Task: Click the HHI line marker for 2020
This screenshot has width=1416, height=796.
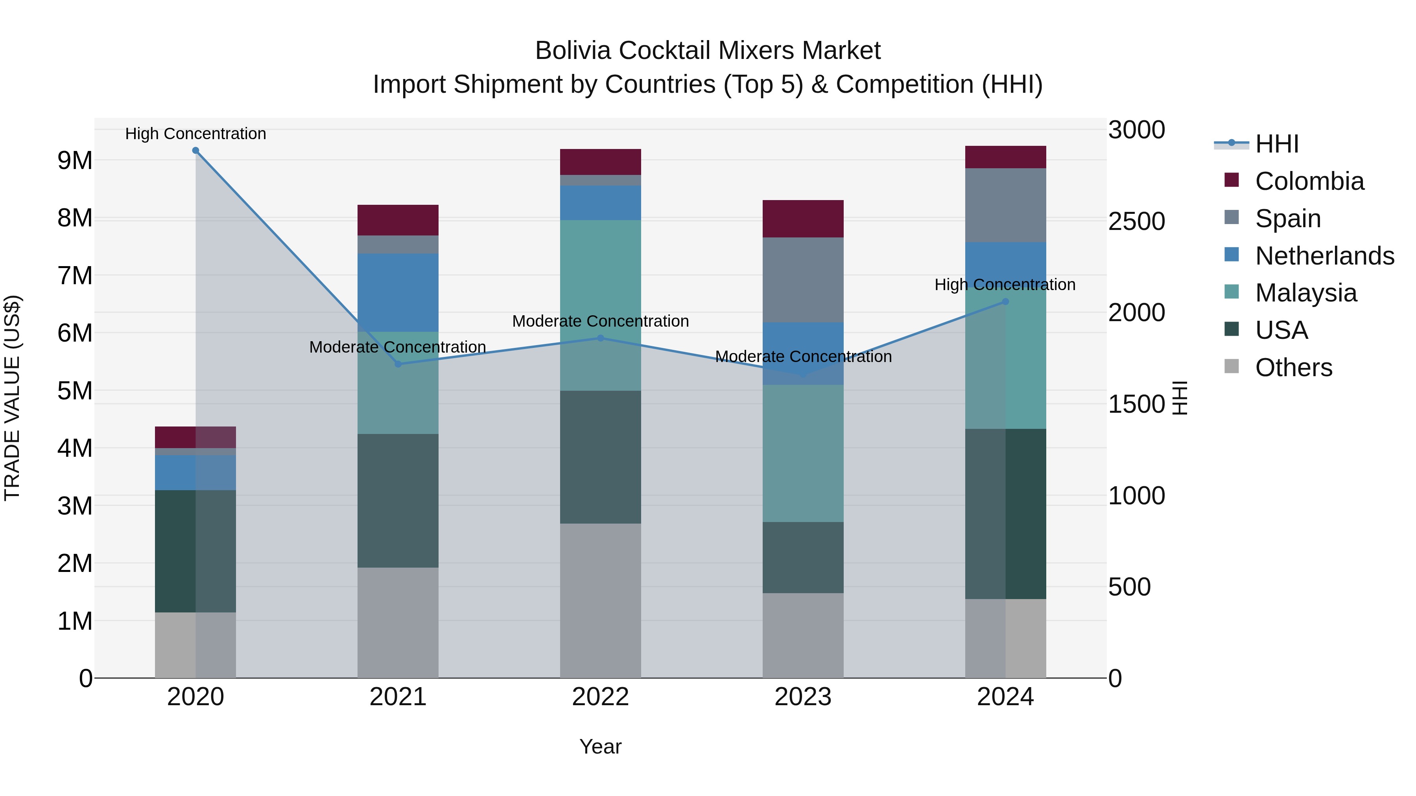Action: click(x=196, y=151)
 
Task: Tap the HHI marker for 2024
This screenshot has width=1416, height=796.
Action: click(x=1005, y=301)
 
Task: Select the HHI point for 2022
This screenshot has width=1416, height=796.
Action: click(x=600, y=338)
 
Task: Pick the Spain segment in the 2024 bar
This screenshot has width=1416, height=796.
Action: click(x=1005, y=205)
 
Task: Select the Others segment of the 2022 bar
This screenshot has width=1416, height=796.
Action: click(x=600, y=600)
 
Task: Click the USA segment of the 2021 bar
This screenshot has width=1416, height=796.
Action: click(x=398, y=500)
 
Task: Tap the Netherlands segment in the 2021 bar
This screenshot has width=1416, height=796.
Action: click(x=398, y=292)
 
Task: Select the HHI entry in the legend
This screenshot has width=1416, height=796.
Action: click(x=1276, y=144)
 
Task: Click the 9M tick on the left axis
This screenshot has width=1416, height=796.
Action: click(x=75, y=160)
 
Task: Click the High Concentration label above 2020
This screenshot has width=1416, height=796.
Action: click(x=196, y=134)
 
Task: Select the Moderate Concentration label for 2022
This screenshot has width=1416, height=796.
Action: click(x=600, y=322)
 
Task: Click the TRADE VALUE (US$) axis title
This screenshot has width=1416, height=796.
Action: click(x=12, y=398)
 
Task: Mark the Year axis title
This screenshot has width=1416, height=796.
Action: click(x=600, y=746)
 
